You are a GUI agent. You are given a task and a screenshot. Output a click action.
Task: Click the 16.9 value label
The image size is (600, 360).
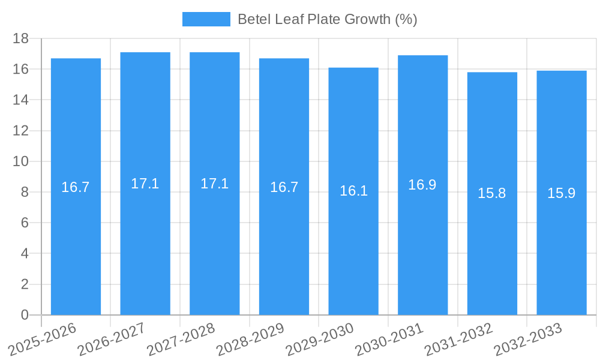pos(422,185)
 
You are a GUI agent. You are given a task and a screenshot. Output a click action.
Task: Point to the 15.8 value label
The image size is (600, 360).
pos(492,193)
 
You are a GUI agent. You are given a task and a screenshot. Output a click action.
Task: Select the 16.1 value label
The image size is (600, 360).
pos(353,191)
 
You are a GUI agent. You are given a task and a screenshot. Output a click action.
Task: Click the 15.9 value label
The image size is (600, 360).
pos(562,193)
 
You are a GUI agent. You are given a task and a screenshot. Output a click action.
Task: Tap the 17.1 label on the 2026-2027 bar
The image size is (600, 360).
pos(145,184)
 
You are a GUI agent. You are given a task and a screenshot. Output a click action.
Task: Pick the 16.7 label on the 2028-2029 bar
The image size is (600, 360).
pos(284,187)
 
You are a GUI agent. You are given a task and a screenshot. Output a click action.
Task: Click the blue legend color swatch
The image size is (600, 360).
pos(206,19)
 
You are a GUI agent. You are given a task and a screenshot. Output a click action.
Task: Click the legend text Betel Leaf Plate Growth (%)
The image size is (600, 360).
pos(327,19)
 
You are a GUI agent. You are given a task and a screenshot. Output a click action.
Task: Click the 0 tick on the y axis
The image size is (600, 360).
pos(25,315)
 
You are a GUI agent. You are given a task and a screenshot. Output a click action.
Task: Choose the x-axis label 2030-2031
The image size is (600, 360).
pos(389,340)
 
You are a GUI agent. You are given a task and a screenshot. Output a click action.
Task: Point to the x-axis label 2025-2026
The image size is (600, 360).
pos(43,340)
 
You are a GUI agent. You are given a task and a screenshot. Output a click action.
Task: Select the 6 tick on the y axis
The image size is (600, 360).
pos(25,223)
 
